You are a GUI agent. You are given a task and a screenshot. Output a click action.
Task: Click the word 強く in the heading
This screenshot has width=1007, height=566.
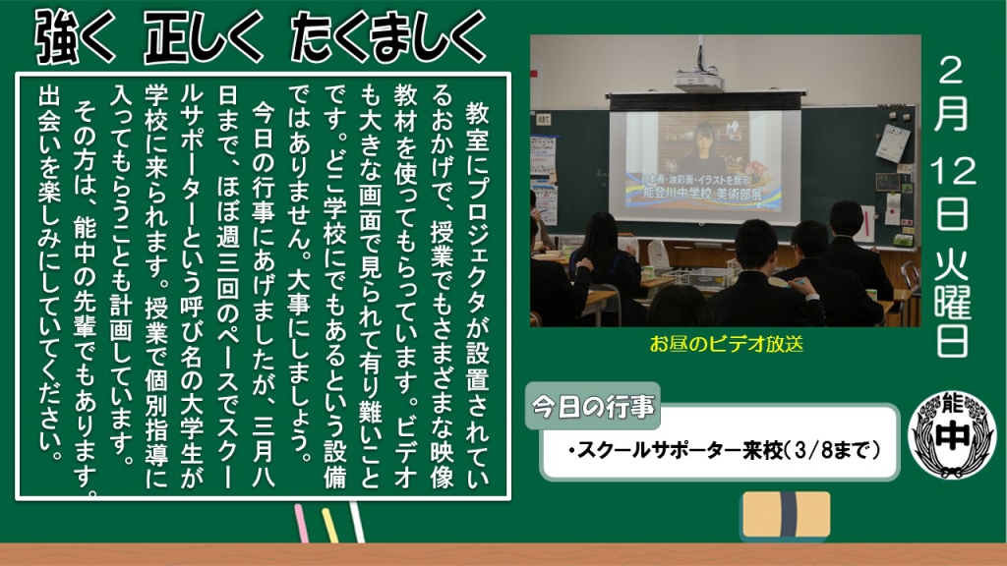75,37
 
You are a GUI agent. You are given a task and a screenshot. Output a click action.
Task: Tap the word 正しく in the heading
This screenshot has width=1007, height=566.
204,37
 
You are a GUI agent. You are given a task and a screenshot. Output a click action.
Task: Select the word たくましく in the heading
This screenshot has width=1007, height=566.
387,37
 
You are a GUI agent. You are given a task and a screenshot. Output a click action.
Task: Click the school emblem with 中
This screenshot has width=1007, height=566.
952,435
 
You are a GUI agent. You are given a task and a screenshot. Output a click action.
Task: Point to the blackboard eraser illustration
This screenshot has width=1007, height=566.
786,515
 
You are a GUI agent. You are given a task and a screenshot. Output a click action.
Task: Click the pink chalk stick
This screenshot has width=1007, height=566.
301,523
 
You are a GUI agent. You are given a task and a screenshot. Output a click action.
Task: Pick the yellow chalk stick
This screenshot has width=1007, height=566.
329,525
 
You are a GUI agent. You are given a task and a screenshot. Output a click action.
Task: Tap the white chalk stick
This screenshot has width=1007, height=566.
356,522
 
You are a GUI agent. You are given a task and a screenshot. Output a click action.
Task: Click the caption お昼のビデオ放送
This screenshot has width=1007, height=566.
726,344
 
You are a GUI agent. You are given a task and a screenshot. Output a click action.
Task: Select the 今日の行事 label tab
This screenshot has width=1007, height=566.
593,406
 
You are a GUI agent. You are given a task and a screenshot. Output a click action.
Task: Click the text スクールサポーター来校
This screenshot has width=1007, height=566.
680,450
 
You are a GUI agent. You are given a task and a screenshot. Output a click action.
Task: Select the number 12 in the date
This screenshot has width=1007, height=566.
952,171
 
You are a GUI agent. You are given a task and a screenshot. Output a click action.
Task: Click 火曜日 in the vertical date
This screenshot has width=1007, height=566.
952,302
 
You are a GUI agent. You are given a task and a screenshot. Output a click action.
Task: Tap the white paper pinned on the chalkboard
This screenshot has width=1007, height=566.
893,142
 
